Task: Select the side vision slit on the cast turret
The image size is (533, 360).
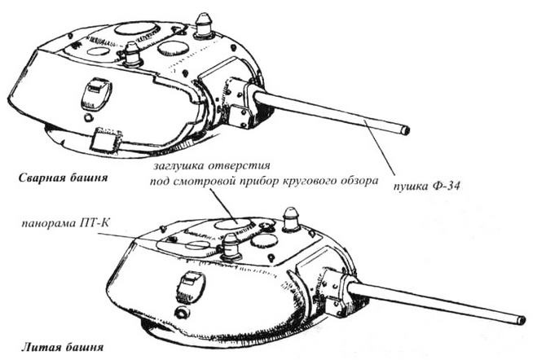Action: click(x=188, y=284)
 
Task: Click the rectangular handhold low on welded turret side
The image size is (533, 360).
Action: click(x=104, y=138)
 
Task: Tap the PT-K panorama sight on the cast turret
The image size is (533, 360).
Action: click(x=231, y=245)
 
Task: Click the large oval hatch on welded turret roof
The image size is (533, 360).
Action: click(x=136, y=29)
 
